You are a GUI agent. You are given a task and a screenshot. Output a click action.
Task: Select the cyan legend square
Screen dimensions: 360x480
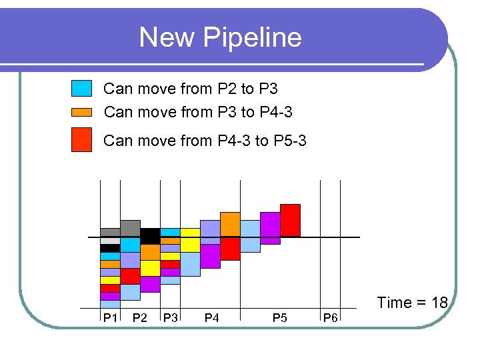(x=81, y=89)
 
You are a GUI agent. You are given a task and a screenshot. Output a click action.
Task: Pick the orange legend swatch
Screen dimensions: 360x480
(x=81, y=112)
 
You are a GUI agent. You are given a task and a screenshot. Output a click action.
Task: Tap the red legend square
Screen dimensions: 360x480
(x=81, y=141)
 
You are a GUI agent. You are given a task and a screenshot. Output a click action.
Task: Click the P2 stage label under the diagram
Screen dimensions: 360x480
(x=140, y=317)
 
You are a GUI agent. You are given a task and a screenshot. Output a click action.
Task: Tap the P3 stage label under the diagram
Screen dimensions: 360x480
(x=171, y=317)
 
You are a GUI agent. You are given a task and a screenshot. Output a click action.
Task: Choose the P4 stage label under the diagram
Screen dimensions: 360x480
(x=211, y=317)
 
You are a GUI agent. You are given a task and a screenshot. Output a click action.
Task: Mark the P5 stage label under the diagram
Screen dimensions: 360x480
(x=280, y=317)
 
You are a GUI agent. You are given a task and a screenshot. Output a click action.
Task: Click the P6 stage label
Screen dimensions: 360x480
(x=330, y=317)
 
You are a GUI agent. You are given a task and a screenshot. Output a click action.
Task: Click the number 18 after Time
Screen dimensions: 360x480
(x=439, y=303)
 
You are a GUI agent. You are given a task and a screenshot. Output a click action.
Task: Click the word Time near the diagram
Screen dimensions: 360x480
(x=395, y=303)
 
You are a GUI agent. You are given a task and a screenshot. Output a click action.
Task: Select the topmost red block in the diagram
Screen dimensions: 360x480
(x=290, y=220)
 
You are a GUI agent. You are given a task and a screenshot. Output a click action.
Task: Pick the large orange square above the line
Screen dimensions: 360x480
(x=230, y=225)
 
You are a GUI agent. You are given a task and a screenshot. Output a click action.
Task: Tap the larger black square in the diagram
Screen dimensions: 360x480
(x=150, y=236)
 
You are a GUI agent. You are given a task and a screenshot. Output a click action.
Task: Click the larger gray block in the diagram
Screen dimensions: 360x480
(x=130, y=228)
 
